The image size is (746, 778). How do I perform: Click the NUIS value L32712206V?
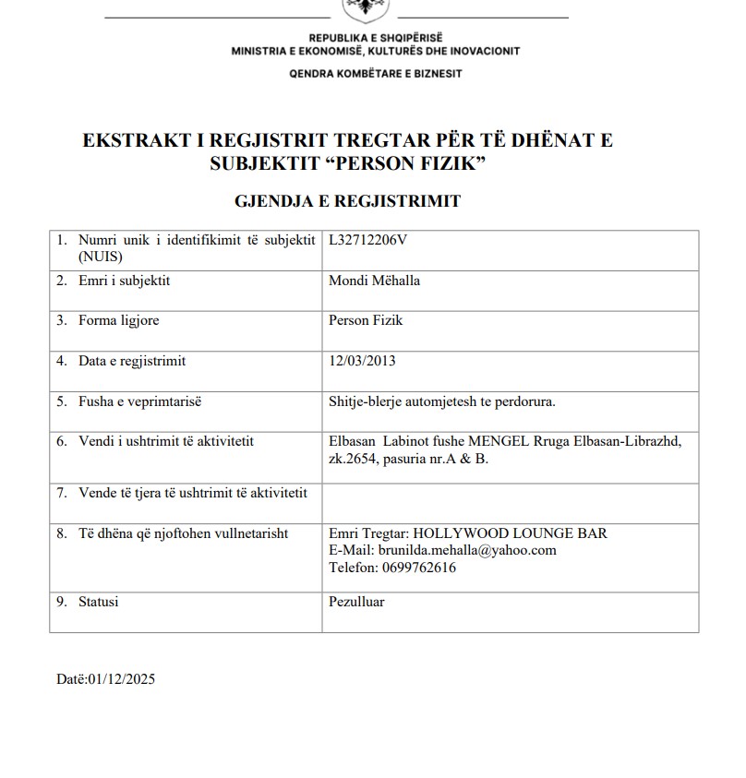[x=367, y=240]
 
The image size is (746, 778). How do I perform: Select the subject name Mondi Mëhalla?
[x=374, y=281]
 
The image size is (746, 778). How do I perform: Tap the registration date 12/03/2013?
[x=362, y=361]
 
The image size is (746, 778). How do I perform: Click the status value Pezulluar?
[x=356, y=602]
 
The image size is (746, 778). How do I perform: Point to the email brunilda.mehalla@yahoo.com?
[x=467, y=550]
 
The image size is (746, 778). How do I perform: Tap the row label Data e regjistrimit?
[x=132, y=361]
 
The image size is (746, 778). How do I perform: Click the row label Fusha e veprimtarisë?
[x=139, y=401]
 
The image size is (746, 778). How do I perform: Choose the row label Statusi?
[x=99, y=602]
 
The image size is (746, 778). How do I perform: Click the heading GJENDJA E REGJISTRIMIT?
[x=347, y=201]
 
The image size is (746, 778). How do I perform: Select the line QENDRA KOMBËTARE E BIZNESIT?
[x=376, y=73]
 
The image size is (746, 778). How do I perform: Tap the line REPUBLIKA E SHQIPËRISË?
[x=376, y=37]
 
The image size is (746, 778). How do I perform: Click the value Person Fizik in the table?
[x=366, y=321]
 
